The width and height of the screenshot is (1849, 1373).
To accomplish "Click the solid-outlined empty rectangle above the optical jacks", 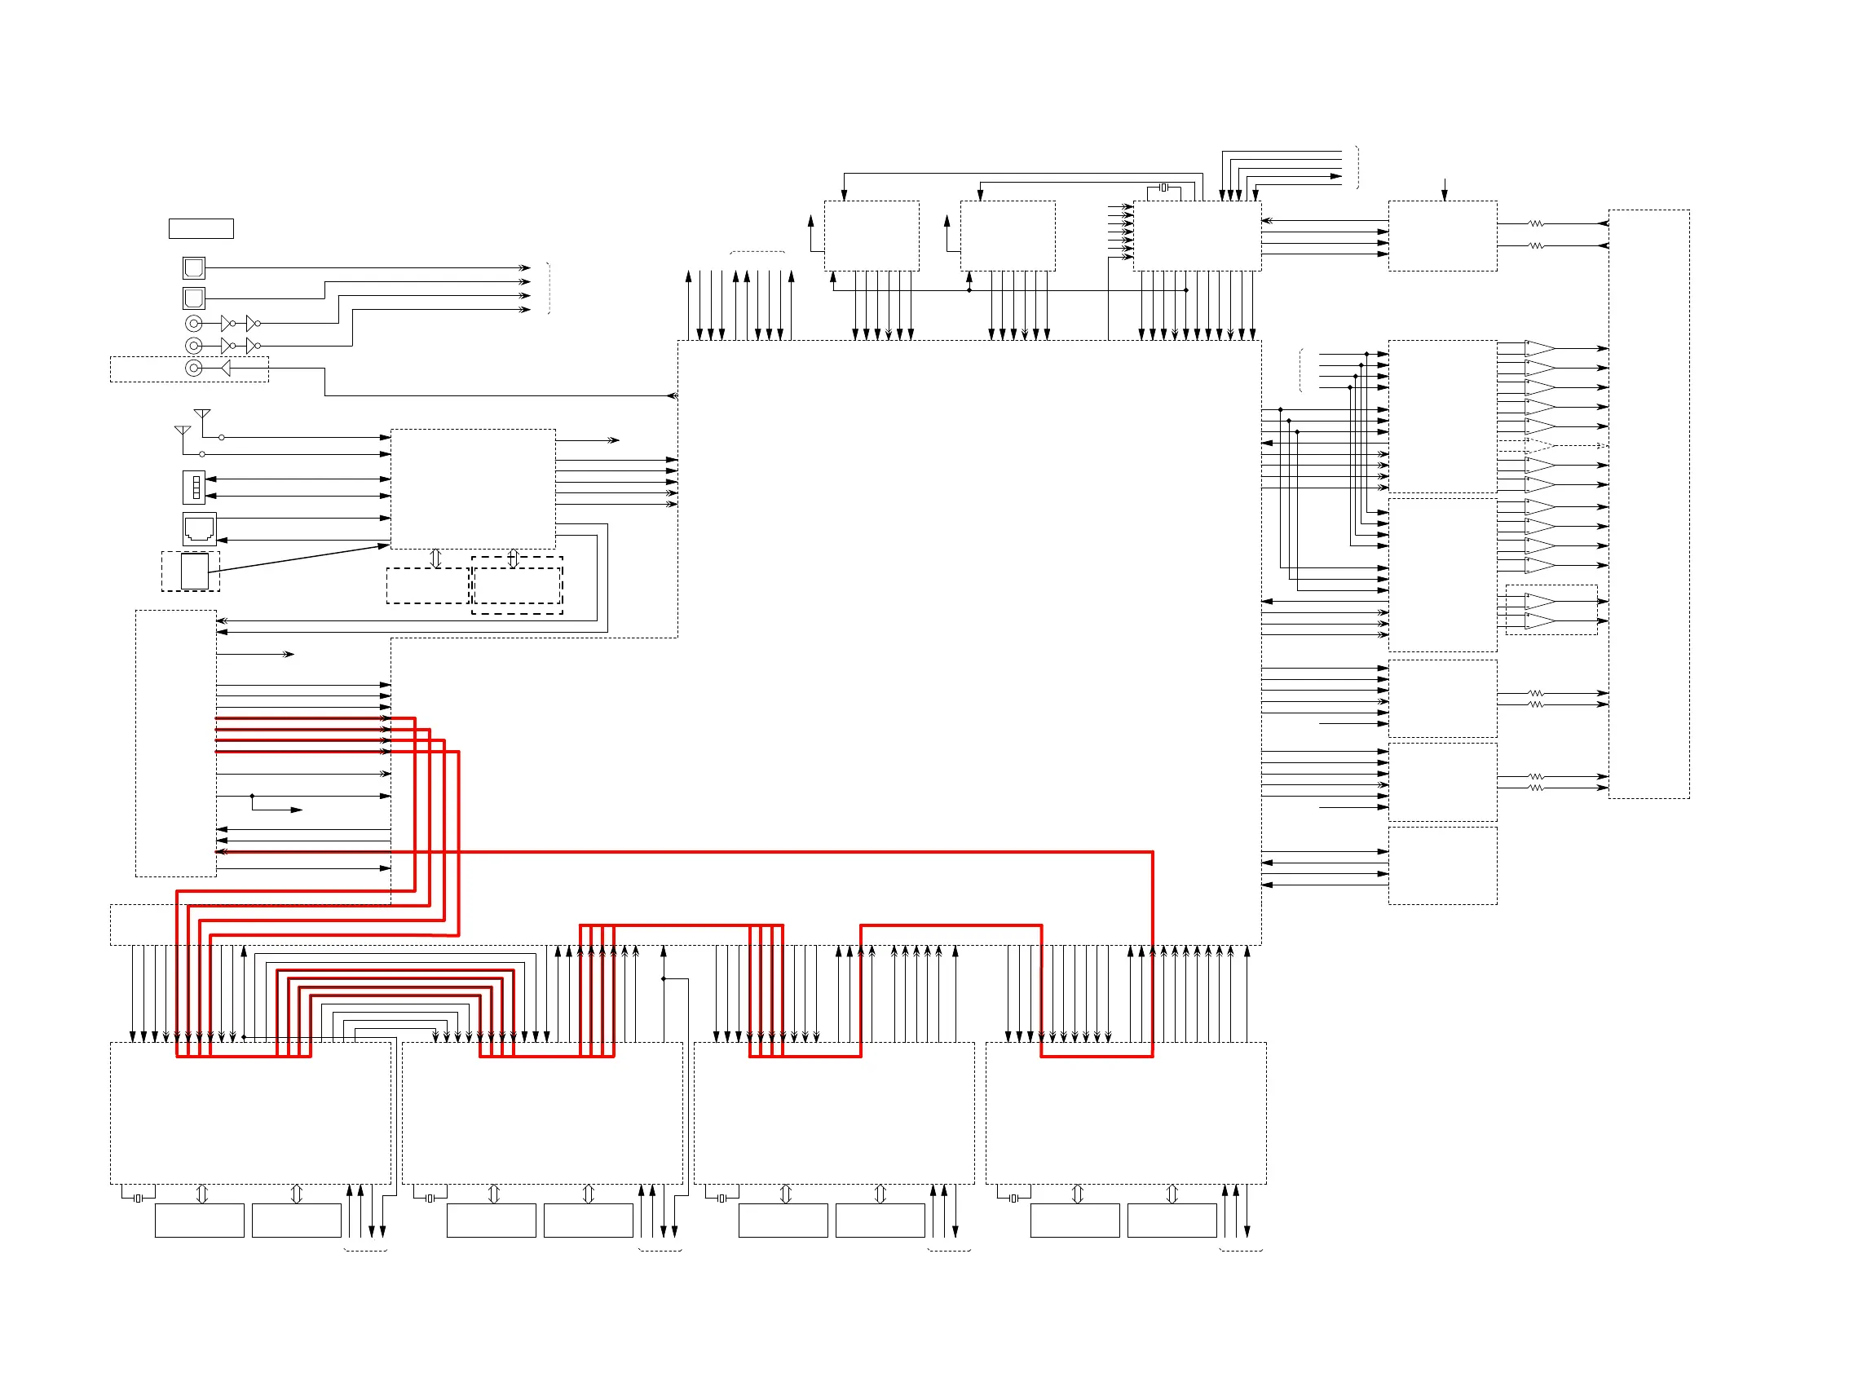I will tap(201, 228).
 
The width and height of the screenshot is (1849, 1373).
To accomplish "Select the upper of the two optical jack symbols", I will tap(194, 267).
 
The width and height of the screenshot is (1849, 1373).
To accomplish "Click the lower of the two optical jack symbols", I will tap(194, 298).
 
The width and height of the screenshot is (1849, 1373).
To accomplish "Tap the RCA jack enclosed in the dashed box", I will tap(194, 369).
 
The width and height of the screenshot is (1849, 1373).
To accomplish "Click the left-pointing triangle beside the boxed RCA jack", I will tap(225, 369).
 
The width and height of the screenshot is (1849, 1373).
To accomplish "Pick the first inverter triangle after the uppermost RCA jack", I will tap(226, 324).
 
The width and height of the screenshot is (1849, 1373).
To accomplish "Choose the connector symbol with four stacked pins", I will tap(195, 487).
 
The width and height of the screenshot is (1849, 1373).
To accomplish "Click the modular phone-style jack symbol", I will tap(200, 528).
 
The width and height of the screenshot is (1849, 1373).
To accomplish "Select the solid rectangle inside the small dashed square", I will tap(195, 572).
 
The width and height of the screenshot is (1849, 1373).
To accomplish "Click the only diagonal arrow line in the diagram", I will tap(299, 558).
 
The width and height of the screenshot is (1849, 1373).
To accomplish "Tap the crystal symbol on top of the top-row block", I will tap(1164, 188).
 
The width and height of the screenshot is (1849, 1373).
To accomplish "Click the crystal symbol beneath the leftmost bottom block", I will tap(139, 1198).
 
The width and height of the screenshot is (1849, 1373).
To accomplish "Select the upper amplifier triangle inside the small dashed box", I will tap(1539, 601).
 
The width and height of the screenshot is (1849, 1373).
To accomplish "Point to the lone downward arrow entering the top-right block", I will tap(1445, 189).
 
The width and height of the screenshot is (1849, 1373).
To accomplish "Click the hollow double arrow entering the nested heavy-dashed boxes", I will tap(513, 558).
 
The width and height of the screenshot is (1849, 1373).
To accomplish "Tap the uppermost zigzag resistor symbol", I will tap(1536, 223).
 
